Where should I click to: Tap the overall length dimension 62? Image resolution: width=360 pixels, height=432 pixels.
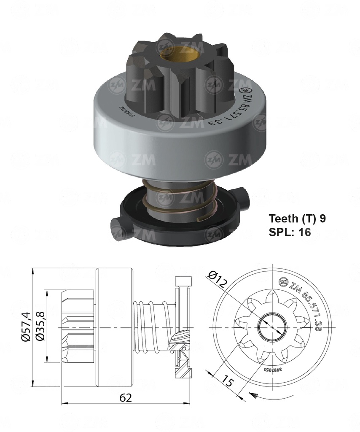[x=125, y=397]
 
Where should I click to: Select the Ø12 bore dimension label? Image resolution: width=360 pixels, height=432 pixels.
[x=218, y=280]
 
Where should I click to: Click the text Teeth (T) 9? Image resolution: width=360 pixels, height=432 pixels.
[x=297, y=219]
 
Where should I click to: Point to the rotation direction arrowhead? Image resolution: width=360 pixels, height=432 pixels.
[x=254, y=395]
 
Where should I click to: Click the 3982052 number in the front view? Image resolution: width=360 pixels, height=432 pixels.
[x=273, y=370]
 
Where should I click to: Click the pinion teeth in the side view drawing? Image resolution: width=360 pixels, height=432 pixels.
[x=78, y=327]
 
